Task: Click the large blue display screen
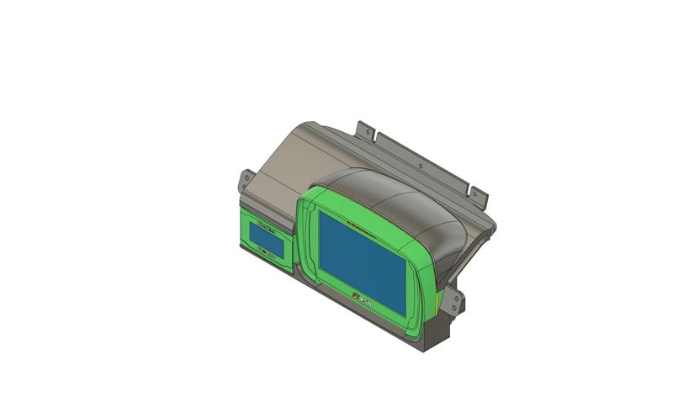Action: click(x=362, y=257)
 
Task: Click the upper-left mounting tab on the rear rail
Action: click(x=365, y=130)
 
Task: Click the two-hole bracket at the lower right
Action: click(x=455, y=303)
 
